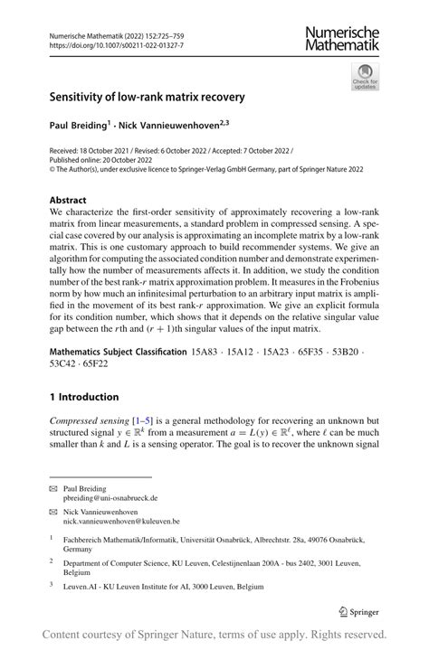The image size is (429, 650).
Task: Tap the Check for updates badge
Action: (365, 76)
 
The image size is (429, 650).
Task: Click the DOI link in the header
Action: (104, 44)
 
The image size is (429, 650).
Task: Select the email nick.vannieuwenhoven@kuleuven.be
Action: (121, 521)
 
